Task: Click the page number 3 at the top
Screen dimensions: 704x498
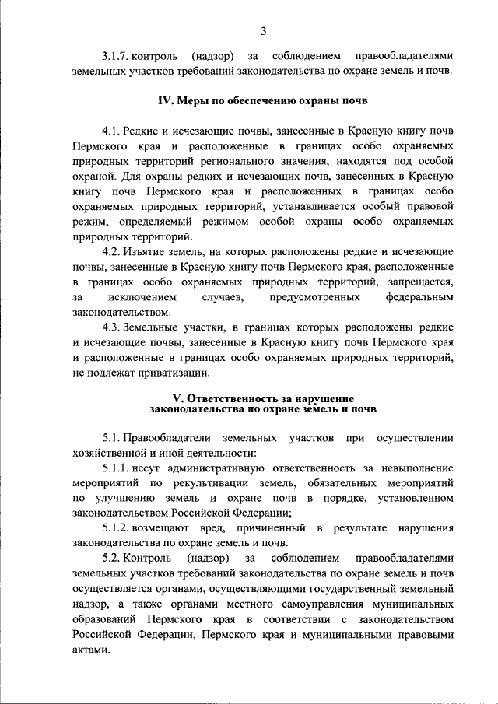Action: point(264,30)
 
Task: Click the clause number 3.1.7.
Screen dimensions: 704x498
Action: point(115,56)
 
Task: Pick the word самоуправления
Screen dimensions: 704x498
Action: point(327,604)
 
